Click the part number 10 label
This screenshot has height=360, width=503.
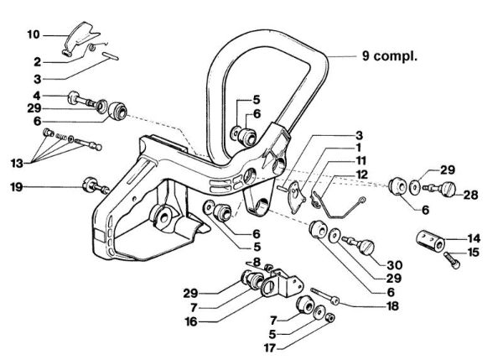tap(34, 34)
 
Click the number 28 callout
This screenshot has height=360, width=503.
tap(470, 195)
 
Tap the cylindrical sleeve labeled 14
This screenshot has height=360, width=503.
tap(433, 238)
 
